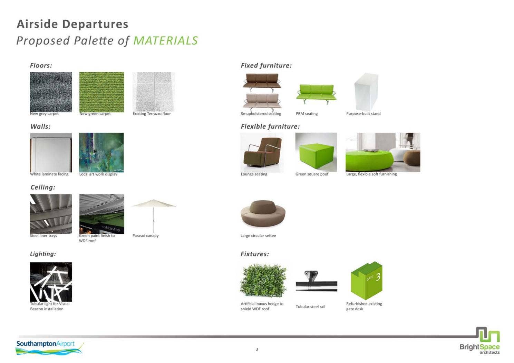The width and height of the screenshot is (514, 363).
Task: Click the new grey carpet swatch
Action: click(51, 92)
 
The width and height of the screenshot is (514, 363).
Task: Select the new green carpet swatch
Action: click(101, 92)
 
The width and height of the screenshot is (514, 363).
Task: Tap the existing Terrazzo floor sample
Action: click(154, 92)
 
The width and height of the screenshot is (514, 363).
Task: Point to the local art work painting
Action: click(101, 152)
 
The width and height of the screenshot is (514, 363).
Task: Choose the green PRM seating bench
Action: click(316, 94)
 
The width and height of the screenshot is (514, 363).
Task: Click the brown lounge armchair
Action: click(262, 152)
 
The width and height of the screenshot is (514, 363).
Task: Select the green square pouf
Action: click(316, 152)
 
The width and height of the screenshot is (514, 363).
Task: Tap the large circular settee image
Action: click(263, 214)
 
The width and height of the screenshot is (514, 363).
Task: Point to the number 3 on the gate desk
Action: click(378, 276)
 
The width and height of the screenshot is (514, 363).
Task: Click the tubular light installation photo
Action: click(51, 282)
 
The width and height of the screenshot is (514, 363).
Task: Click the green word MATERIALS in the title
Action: click(165, 41)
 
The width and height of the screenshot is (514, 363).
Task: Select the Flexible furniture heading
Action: click(270, 127)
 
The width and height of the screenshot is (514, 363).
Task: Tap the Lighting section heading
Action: click(43, 254)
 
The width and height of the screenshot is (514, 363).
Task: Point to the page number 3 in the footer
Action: click(257, 349)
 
